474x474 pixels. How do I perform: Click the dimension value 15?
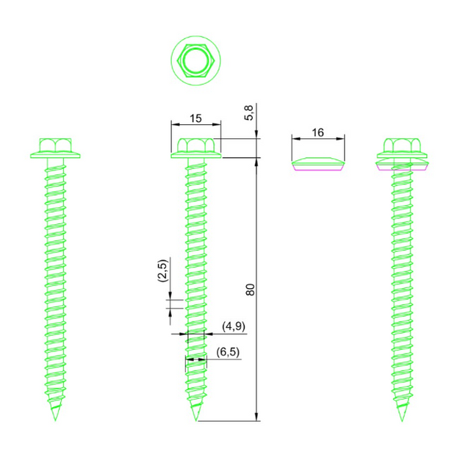tap(195, 118)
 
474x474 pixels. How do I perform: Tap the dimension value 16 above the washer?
tap(317, 132)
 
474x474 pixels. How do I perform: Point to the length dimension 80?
tap(250, 289)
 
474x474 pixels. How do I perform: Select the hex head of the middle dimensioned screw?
tap(195, 146)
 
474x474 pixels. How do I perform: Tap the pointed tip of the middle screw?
tap(195, 417)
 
